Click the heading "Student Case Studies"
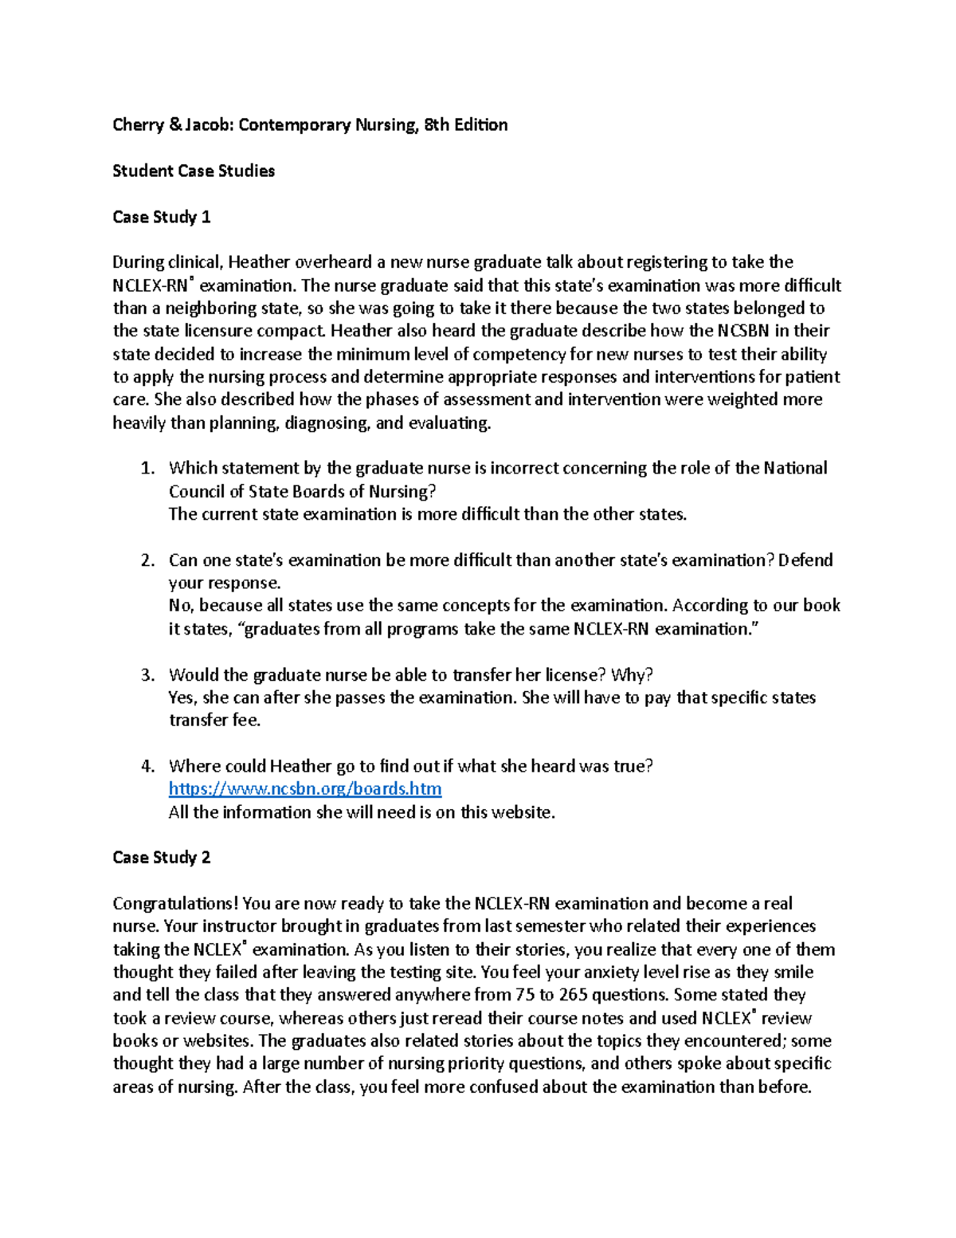(x=194, y=171)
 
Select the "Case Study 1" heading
(x=162, y=217)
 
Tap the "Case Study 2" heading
(x=162, y=857)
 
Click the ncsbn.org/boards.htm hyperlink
(x=305, y=788)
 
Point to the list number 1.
(x=147, y=468)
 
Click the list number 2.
(x=147, y=560)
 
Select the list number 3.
(x=147, y=675)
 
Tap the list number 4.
(x=147, y=766)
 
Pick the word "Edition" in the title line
(x=480, y=125)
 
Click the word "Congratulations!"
(x=175, y=903)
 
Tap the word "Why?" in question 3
(x=632, y=675)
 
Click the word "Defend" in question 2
(x=805, y=560)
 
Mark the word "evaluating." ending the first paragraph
(x=449, y=423)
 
